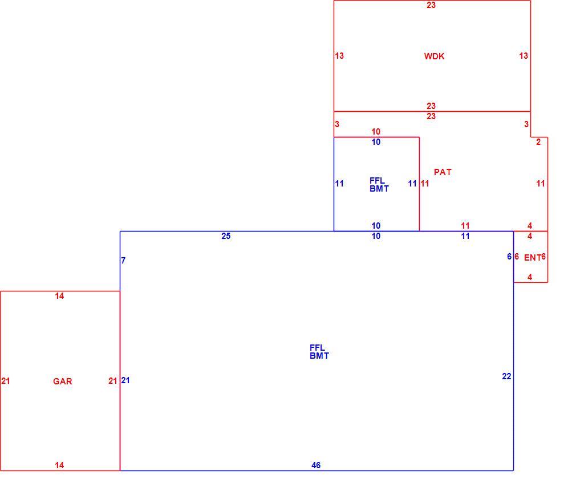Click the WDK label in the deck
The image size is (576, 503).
(434, 56)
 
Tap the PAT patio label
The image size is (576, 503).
(443, 172)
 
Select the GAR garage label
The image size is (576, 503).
(63, 382)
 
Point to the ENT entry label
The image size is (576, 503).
(532, 258)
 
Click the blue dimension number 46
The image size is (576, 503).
(316, 465)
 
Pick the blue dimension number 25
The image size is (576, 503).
(226, 236)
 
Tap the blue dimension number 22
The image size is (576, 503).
(506, 376)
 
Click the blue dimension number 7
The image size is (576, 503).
(123, 261)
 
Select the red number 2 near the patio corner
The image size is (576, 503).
(538, 142)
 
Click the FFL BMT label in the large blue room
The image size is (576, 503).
(319, 352)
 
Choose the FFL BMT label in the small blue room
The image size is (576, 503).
(379, 184)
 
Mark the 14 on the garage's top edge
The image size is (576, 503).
(59, 296)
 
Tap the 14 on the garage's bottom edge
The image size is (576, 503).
(59, 465)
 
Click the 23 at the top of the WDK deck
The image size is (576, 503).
(431, 5)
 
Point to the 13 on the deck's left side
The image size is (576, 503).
(339, 56)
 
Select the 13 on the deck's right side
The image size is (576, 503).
(524, 56)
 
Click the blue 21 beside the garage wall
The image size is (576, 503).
(125, 380)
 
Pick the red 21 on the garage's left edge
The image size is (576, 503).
(6, 381)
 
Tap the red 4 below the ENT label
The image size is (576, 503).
(530, 277)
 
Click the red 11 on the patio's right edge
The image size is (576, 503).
(541, 183)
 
